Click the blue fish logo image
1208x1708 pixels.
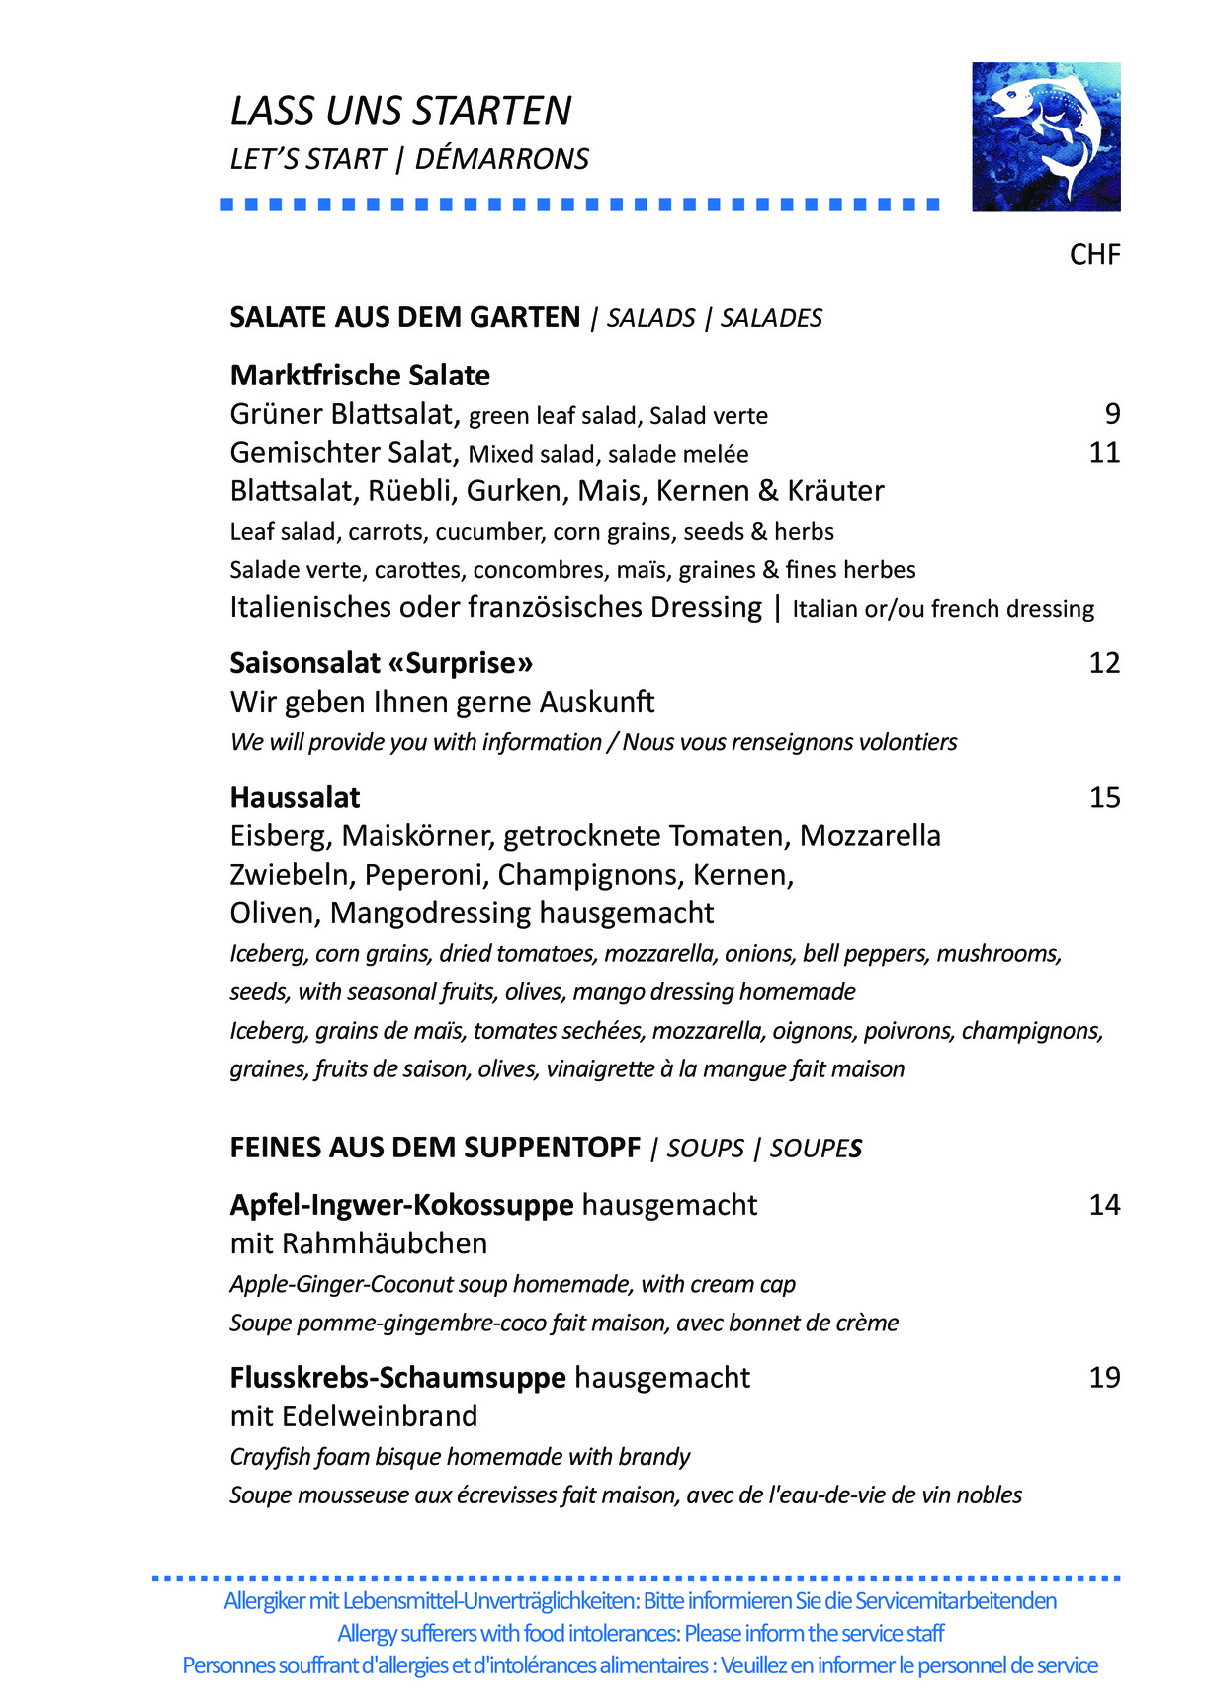click(x=1046, y=136)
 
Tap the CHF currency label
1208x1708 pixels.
click(x=1094, y=255)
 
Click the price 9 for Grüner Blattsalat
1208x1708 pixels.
click(x=1112, y=414)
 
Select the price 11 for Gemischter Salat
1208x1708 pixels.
click(x=1104, y=453)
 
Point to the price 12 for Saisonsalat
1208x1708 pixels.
click(x=1104, y=663)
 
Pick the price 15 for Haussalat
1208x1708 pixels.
click(x=1104, y=798)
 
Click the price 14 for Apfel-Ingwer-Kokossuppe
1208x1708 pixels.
click(x=1104, y=1205)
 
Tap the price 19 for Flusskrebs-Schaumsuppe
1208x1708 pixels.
click(x=1104, y=1378)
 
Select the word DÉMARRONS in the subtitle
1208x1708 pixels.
click(x=501, y=159)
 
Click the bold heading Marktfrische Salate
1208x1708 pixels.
click(x=360, y=376)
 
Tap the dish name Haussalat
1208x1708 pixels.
click(x=295, y=798)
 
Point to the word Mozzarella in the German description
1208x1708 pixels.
click(x=870, y=836)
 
